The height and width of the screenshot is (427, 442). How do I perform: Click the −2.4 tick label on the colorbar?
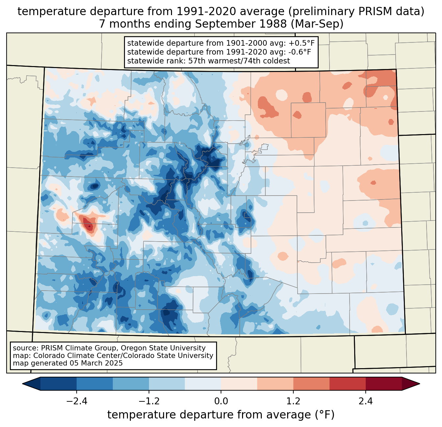[x=77, y=401]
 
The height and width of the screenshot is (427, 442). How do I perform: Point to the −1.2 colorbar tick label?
[x=149, y=401]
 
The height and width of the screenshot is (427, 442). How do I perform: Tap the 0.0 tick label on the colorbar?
[x=221, y=401]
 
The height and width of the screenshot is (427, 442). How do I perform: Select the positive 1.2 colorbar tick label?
[x=293, y=401]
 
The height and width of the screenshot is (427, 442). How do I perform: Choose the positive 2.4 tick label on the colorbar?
[x=365, y=401]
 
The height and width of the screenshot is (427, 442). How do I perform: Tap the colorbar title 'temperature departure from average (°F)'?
[x=221, y=415]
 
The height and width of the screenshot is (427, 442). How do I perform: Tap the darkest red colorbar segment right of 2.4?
[x=383, y=384]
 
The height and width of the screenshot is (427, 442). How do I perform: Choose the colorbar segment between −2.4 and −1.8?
[x=95, y=384]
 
